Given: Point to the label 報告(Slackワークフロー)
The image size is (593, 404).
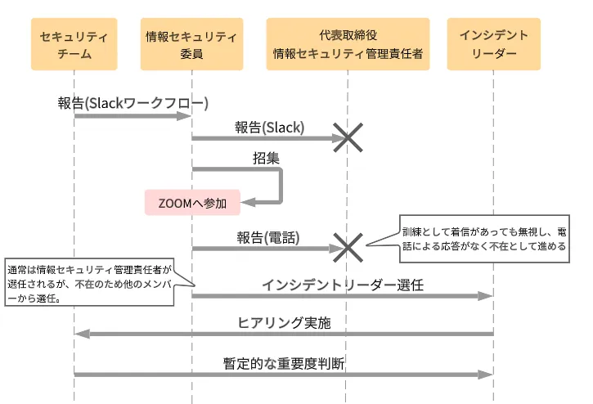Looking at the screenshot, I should coord(133,102).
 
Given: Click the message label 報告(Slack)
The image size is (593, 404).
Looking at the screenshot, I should coord(269,127).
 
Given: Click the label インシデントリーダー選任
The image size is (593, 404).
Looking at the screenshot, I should coord(343,285).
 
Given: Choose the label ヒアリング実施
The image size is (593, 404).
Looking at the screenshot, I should coord(284,322).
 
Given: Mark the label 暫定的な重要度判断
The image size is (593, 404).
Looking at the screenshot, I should coord(284,363).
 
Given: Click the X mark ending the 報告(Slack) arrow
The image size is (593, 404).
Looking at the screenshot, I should coord(348,137).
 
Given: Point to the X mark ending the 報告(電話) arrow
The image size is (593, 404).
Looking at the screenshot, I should coord(348,247).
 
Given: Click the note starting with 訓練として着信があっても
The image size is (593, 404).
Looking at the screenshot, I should coord(483,238).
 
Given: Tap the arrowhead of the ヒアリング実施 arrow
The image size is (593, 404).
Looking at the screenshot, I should coord(81,333).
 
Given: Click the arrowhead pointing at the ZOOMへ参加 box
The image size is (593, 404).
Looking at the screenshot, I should coord(249,201).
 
